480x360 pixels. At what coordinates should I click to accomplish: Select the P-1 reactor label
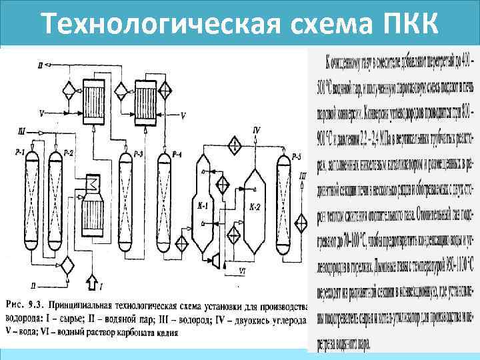pyautogui.click(x=19, y=153)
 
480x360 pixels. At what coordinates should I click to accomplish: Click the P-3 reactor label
pyautogui.click(x=138, y=155)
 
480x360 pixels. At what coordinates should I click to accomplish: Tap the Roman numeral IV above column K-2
pyautogui.click(x=257, y=128)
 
